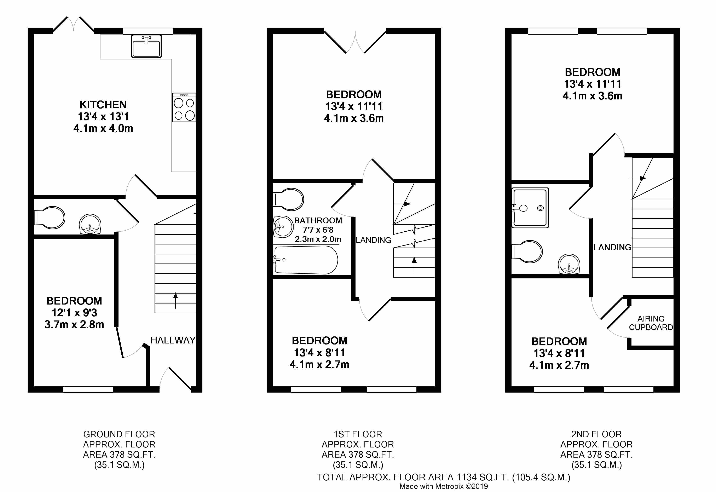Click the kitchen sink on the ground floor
146,46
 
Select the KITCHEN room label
103,105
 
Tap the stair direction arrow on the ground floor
176,301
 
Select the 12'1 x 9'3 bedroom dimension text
74,313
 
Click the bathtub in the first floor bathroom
306,260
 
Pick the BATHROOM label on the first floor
318,220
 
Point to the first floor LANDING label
374,240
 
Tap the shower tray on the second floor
530,208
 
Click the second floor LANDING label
612,247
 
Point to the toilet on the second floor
527,251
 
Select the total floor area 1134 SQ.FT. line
444,477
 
